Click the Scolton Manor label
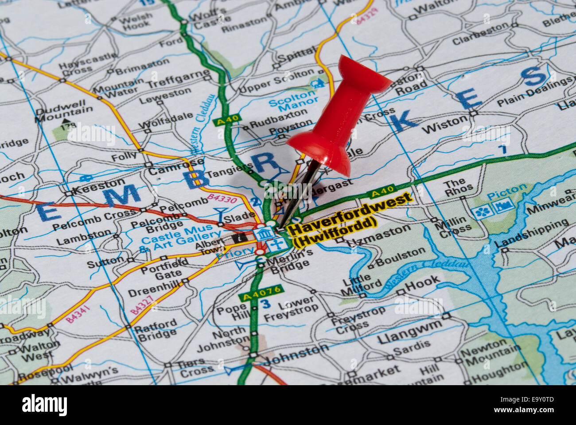[292, 100]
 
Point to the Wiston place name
[444, 125]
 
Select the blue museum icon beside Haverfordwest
[264, 233]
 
